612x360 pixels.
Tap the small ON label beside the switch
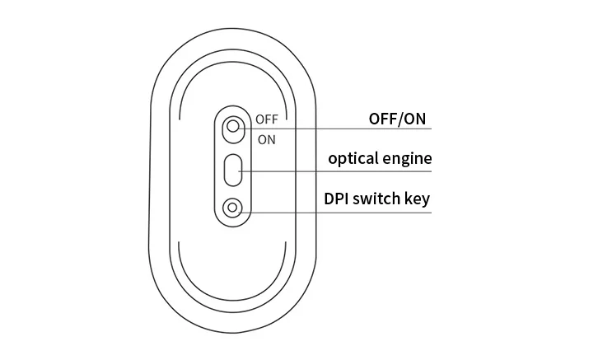(x=267, y=139)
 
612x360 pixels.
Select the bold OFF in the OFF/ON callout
(x=383, y=119)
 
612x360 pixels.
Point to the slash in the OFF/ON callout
(x=400, y=119)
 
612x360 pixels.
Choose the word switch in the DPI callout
(x=380, y=199)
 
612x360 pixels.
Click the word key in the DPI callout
(x=418, y=199)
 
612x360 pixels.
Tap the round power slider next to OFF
(x=234, y=127)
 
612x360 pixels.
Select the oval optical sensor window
(x=234, y=170)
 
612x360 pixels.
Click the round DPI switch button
(x=234, y=208)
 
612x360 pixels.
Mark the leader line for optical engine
(x=346, y=171)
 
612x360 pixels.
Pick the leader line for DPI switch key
(x=346, y=211)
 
